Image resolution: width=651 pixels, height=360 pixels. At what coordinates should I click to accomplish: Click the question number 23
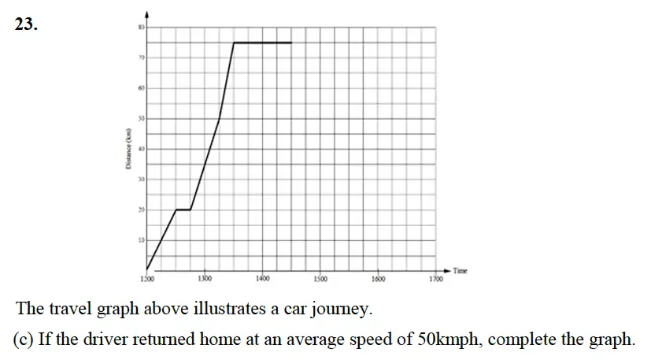[x=25, y=24]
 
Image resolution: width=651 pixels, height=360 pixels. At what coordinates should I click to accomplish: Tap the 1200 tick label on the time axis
[x=147, y=279]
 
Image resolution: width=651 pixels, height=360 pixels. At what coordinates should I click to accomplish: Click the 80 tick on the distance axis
[x=142, y=28]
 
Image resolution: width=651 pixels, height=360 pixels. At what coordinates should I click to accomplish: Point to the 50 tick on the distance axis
[x=142, y=118]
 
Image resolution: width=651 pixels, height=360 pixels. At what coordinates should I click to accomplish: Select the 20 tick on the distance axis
[x=142, y=209]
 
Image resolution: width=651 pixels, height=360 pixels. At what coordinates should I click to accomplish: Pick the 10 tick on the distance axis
[x=142, y=239]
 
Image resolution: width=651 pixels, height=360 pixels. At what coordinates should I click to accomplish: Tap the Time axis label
[x=461, y=271]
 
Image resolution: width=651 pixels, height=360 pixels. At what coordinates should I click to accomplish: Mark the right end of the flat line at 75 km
[x=291, y=43]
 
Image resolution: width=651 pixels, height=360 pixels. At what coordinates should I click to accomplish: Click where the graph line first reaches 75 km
[x=234, y=43]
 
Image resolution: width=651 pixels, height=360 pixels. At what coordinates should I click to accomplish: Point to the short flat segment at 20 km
[x=183, y=210]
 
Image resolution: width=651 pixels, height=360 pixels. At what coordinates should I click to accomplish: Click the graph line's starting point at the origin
[x=147, y=269]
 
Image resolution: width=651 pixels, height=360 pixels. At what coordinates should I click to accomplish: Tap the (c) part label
[x=24, y=340]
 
